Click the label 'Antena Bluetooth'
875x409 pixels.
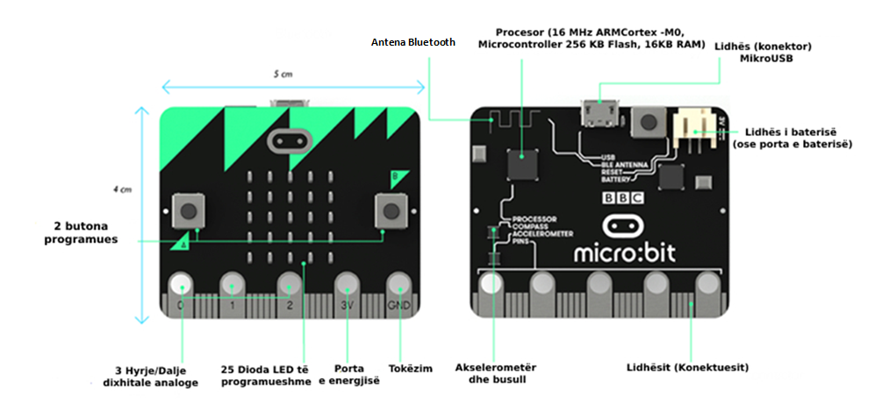[412, 41]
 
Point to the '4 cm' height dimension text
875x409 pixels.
[125, 189]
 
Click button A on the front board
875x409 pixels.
[188, 210]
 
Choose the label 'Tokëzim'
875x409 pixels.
[410, 369]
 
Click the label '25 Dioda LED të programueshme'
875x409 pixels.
[266, 375]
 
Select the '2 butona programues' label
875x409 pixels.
[82, 232]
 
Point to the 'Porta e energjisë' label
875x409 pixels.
[348, 375]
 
